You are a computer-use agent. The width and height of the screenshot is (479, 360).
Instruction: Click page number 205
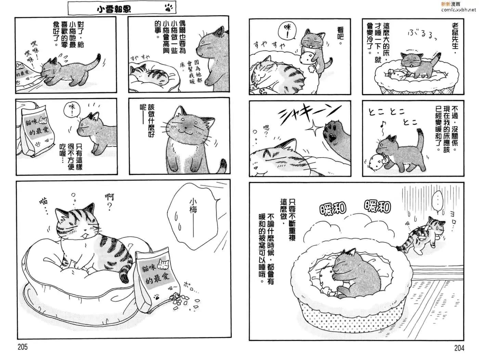(x=23, y=347)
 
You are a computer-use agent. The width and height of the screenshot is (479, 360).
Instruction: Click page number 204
(x=459, y=348)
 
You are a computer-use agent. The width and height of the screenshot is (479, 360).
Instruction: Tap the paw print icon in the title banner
(x=168, y=8)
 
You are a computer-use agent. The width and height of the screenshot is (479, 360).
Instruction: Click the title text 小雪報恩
(x=114, y=9)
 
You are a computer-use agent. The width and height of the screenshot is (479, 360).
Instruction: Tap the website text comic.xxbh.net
(x=458, y=10)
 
